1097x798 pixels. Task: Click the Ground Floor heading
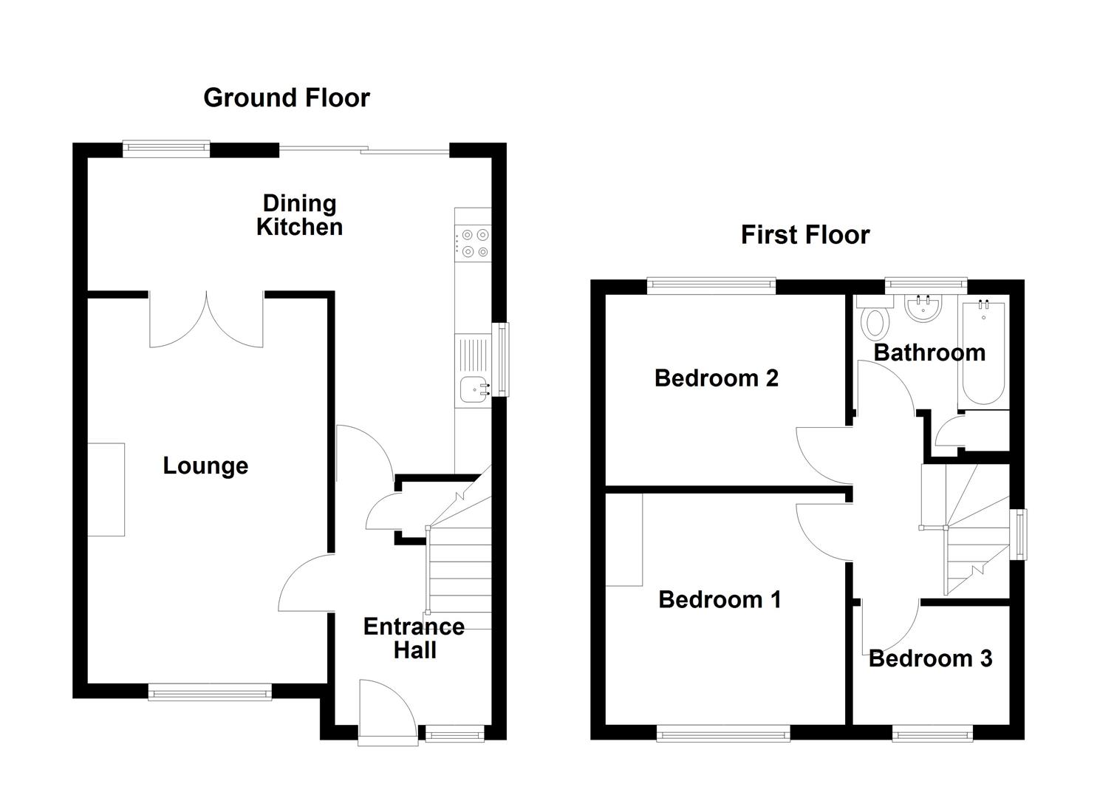click(286, 98)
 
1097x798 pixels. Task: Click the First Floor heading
click(804, 235)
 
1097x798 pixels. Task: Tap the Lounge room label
click(205, 465)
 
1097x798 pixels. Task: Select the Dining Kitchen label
click(299, 215)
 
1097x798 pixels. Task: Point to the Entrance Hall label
click(414, 638)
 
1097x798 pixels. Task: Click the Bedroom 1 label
click(720, 598)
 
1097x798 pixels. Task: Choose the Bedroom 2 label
click(716, 378)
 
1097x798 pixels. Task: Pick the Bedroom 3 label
click(929, 658)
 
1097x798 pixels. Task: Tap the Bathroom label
click(929, 352)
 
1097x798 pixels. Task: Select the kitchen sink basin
click(471, 388)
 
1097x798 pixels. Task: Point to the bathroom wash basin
click(922, 308)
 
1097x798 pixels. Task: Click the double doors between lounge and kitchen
click(206, 321)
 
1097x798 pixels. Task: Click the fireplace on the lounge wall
click(106, 489)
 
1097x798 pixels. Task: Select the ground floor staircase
click(459, 562)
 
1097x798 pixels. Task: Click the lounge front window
click(209, 692)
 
